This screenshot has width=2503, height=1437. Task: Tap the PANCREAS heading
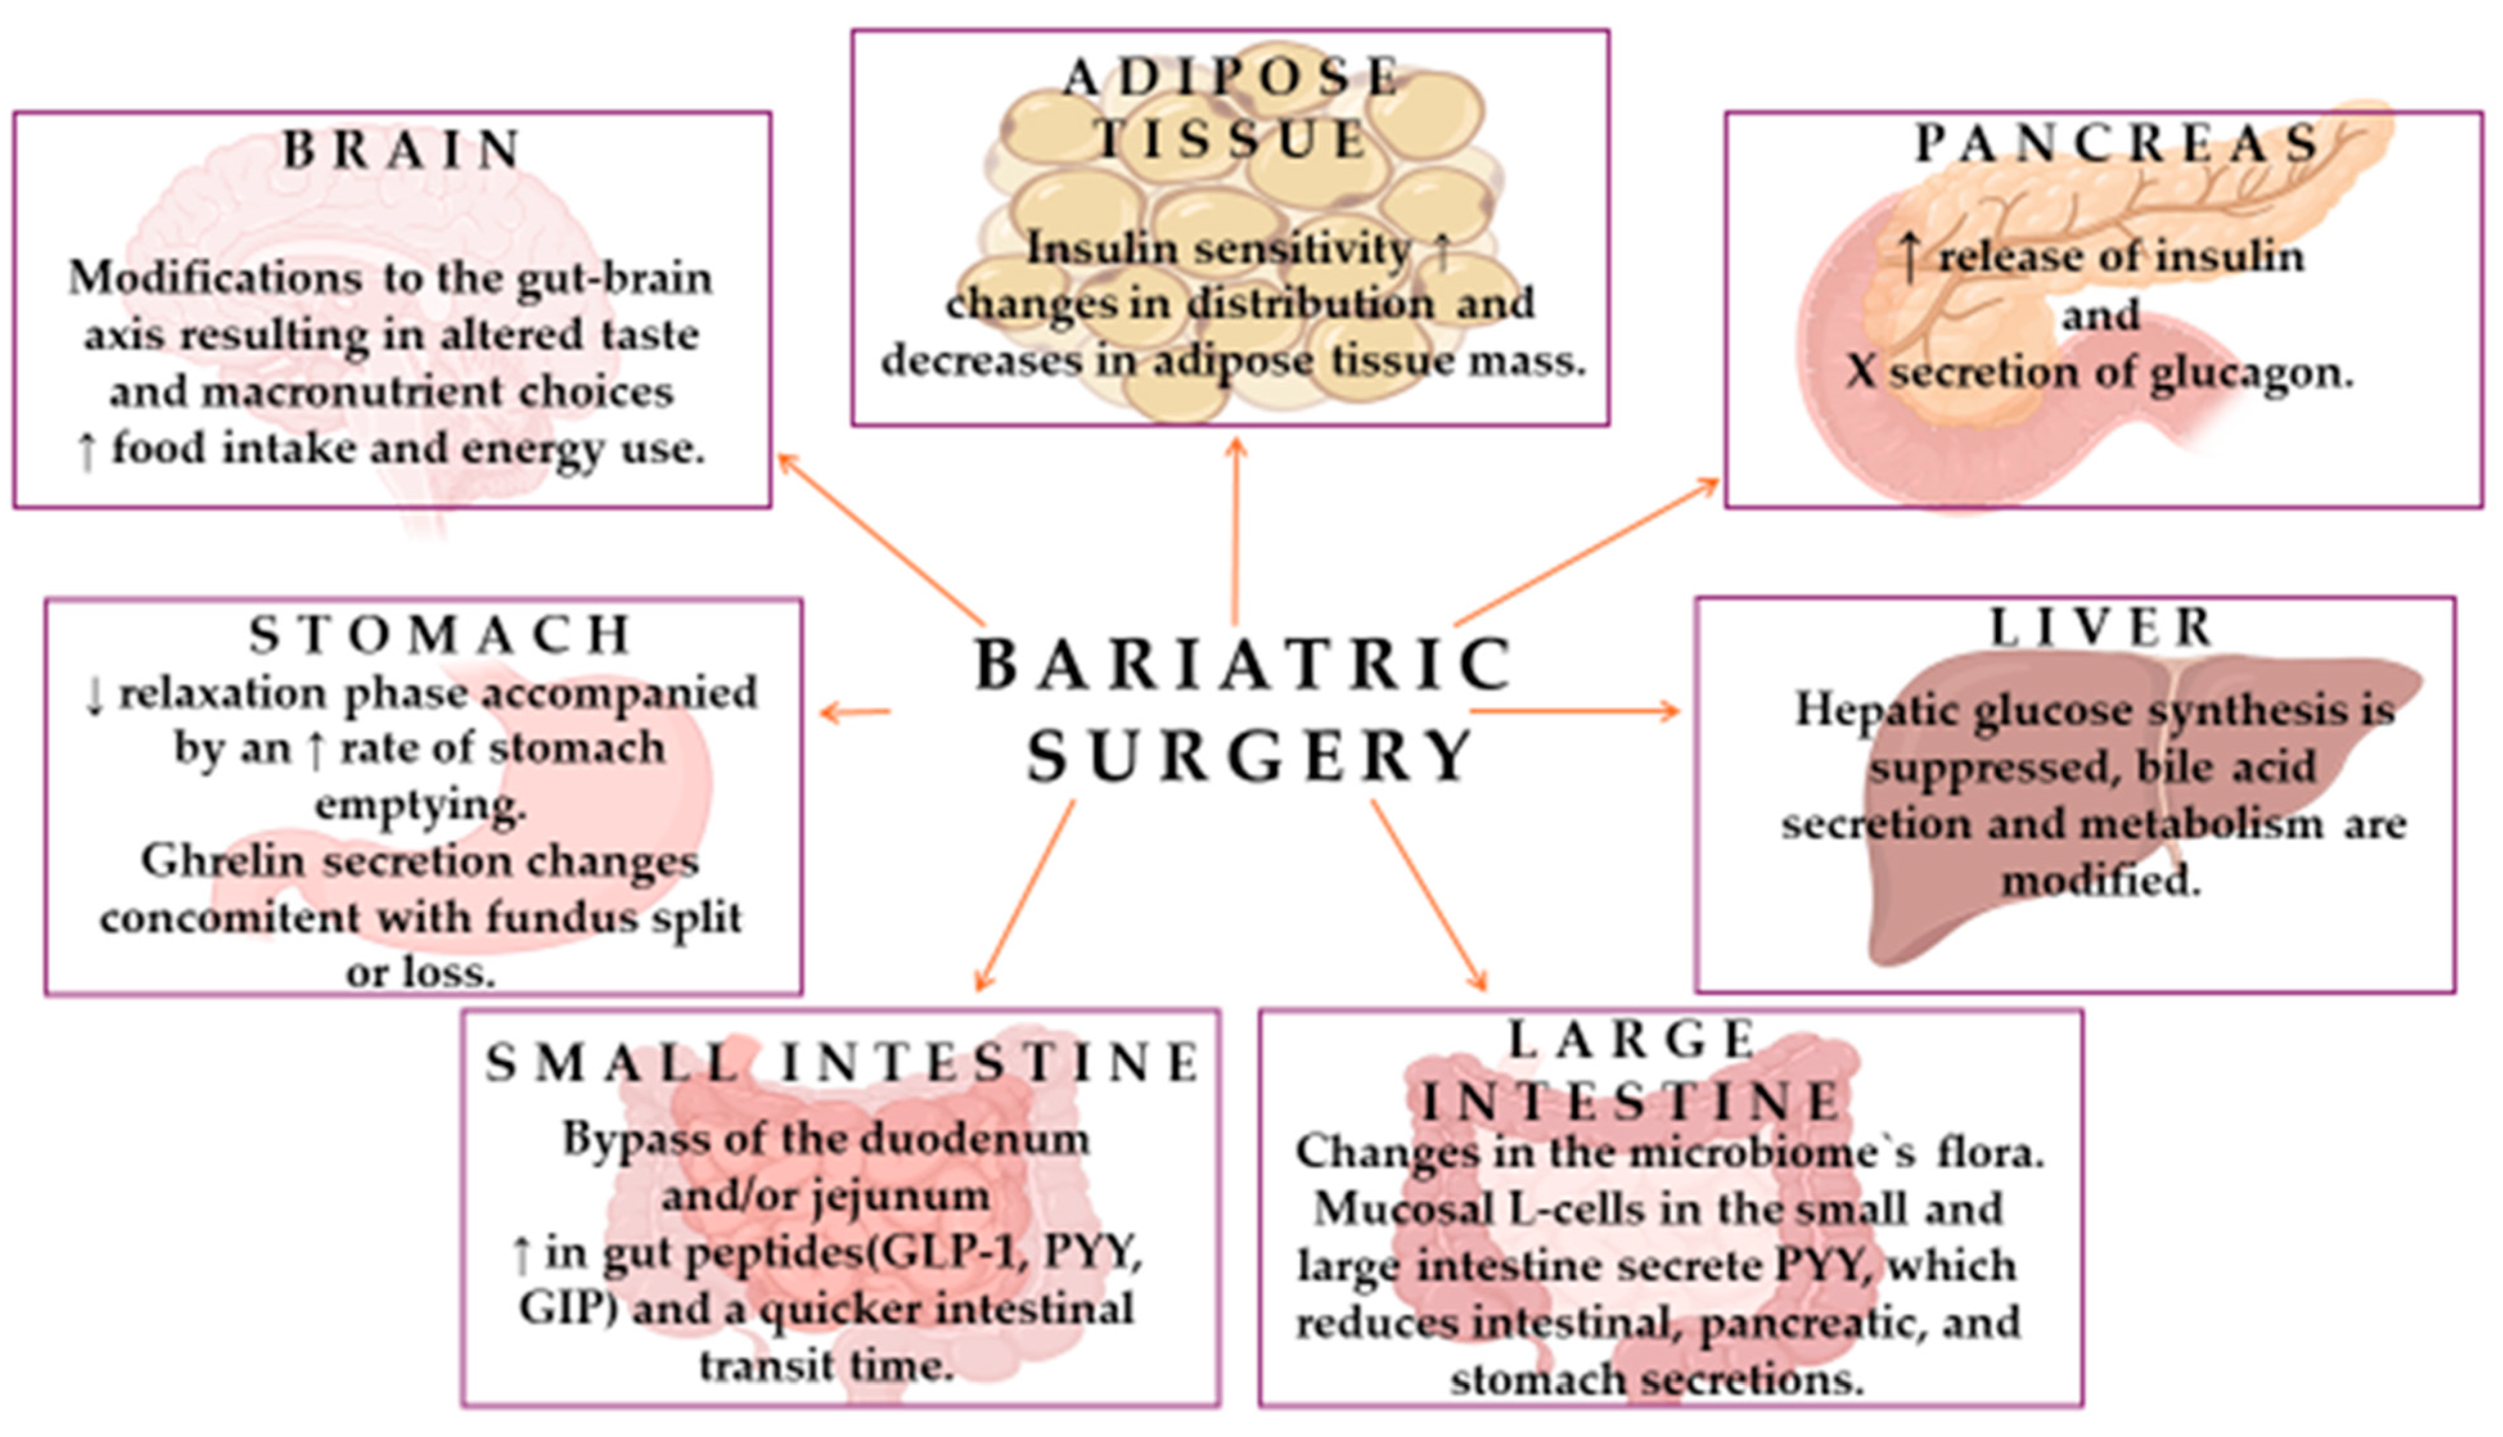tap(2116, 144)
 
